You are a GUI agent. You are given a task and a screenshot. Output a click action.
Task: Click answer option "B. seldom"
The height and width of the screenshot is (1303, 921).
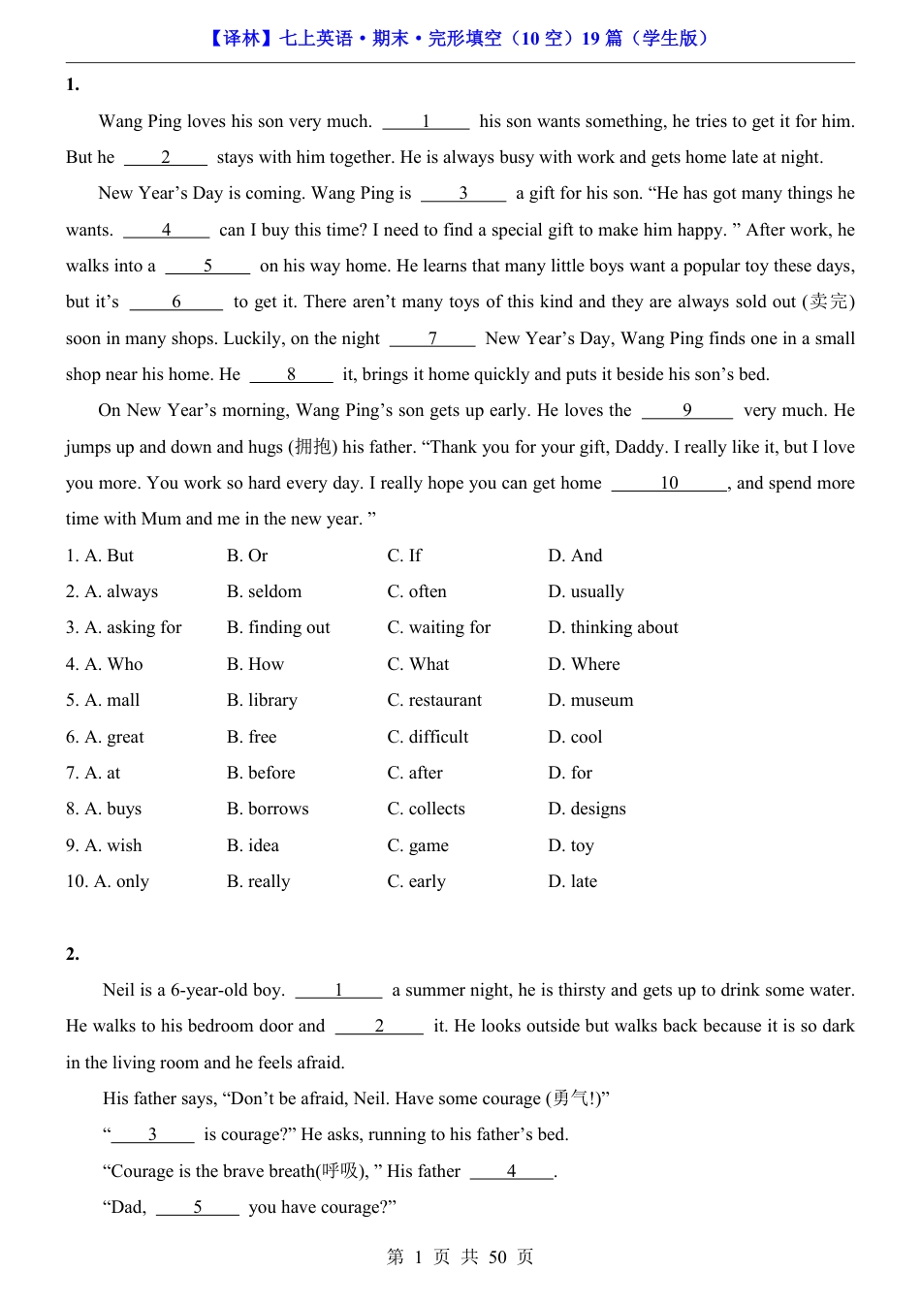264,591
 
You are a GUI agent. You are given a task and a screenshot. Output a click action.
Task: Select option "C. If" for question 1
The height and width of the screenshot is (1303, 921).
404,556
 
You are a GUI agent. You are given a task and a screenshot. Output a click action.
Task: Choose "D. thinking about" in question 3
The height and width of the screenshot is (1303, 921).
613,627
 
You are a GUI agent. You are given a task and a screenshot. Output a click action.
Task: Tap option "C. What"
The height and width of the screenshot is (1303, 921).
418,664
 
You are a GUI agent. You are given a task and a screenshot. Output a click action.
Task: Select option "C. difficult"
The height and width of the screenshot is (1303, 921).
428,737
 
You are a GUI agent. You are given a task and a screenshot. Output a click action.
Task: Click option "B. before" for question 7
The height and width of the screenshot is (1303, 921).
261,773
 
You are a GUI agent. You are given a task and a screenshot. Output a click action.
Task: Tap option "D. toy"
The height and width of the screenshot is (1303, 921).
571,845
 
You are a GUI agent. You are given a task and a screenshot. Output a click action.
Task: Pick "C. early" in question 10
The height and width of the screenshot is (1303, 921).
416,881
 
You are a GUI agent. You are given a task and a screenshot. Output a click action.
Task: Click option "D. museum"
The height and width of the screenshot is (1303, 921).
590,700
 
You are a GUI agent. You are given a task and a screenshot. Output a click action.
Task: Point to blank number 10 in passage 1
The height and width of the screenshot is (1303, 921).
669,483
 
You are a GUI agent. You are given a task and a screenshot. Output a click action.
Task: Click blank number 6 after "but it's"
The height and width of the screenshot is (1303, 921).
176,302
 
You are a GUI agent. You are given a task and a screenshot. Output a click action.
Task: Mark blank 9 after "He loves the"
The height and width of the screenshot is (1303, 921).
687,410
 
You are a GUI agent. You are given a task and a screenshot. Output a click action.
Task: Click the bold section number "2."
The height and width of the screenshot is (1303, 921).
73,954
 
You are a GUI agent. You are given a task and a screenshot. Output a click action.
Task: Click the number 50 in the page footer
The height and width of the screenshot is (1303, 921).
497,1257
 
